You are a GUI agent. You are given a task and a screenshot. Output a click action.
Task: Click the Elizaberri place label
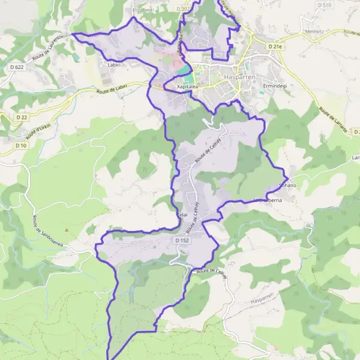(143, 10)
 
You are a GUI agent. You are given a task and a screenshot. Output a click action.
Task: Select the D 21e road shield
(275, 46)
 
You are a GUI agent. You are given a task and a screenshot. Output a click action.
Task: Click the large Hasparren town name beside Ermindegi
(224, 77)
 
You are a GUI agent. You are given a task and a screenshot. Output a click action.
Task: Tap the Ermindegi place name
(275, 86)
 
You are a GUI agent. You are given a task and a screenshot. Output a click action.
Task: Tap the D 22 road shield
(22, 117)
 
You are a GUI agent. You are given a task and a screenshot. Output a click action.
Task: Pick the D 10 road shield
(21, 145)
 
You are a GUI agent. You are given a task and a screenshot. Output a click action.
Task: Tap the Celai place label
(182, 214)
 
